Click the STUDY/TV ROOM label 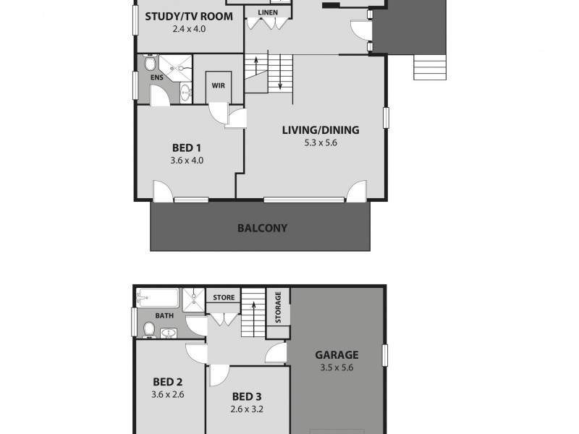[188, 17]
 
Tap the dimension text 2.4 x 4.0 [188, 30]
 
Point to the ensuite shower [172, 67]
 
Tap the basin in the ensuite [186, 92]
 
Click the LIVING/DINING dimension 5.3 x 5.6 [321, 143]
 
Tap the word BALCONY [262, 228]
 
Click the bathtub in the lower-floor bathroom [157, 298]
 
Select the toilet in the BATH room [150, 330]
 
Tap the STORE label [224, 297]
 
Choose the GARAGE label [337, 355]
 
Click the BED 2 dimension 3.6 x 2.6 [167, 394]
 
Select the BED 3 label [247, 396]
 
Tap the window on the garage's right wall [385, 354]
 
